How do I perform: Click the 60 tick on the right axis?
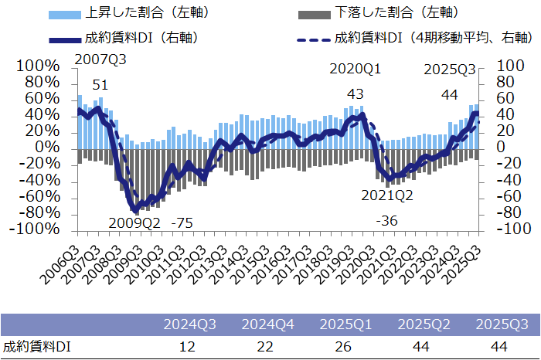495,99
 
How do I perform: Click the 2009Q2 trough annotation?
134,223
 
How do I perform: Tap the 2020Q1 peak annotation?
355,69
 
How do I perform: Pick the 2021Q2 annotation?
386,195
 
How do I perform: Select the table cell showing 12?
187,347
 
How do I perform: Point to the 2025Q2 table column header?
424,324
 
